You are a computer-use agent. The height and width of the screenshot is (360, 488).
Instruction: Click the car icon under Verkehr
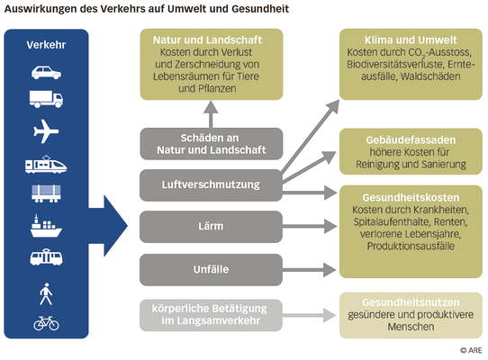46,73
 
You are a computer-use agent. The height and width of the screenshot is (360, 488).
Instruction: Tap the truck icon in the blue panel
46,99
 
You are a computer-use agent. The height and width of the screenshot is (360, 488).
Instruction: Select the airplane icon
46,131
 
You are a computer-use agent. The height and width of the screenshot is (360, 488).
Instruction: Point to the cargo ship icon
46,226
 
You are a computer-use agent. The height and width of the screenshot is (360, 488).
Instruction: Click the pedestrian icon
46,294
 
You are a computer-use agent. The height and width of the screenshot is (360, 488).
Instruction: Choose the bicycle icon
46,323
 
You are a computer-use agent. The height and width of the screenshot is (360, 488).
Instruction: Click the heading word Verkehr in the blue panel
46,45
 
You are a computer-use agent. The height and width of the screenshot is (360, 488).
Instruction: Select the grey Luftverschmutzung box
211,184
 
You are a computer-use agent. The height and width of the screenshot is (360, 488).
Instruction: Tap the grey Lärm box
211,226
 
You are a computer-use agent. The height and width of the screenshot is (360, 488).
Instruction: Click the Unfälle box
211,269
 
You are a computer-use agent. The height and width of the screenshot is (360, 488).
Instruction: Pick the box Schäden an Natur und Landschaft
212,144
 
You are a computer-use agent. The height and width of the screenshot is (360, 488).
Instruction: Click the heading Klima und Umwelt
411,40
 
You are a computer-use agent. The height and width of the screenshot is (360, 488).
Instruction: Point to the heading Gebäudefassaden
411,140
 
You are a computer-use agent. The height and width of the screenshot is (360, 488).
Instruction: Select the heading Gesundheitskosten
411,198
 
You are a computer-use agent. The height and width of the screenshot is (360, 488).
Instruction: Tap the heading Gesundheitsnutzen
411,302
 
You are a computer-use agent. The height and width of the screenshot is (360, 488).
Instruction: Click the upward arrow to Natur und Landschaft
211,114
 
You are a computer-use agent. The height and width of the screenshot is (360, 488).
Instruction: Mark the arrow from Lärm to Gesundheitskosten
310,226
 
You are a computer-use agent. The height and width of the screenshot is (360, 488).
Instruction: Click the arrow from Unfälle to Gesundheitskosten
310,269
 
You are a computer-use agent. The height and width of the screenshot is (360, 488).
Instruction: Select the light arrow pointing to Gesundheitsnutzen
310,315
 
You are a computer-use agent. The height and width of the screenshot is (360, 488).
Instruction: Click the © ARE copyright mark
471,350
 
